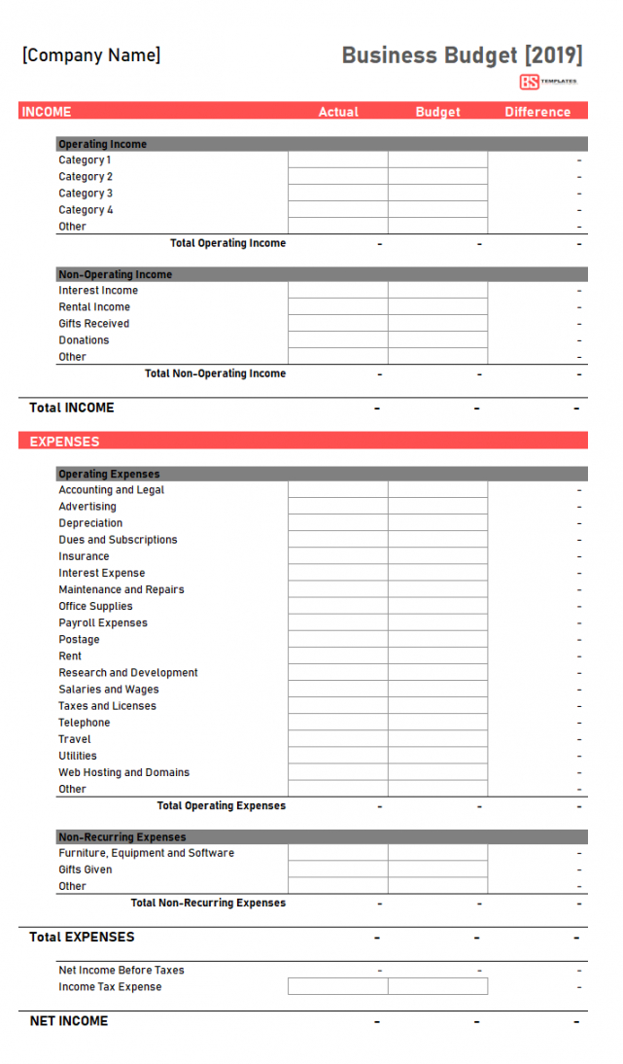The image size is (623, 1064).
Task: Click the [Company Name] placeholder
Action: pyautogui.click(x=91, y=55)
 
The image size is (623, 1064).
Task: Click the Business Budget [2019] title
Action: pyautogui.click(x=462, y=54)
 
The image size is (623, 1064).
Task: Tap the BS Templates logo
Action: pyautogui.click(x=548, y=82)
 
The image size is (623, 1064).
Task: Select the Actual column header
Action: pyautogui.click(x=338, y=112)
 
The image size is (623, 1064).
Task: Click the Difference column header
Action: pyautogui.click(x=537, y=112)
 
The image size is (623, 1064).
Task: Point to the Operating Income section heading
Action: pyautogui.click(x=102, y=144)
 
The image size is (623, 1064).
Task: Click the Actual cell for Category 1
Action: pyautogui.click(x=338, y=160)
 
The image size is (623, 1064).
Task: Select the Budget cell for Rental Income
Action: pyautogui.click(x=438, y=307)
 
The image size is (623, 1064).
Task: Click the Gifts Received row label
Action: pyautogui.click(x=93, y=324)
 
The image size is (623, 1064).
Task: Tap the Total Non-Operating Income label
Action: pyautogui.click(x=215, y=373)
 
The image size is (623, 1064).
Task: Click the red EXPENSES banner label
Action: pyautogui.click(x=64, y=442)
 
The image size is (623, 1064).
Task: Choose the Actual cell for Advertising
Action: pyautogui.click(x=338, y=507)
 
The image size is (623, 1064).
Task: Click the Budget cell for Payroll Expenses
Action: pyautogui.click(x=438, y=622)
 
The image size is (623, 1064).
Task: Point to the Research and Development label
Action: pyautogui.click(x=127, y=673)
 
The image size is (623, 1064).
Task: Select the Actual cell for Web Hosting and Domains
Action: pyautogui.click(x=338, y=772)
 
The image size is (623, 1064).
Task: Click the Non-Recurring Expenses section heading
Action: pyautogui.click(x=121, y=837)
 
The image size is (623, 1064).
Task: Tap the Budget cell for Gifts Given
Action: pyautogui.click(x=438, y=869)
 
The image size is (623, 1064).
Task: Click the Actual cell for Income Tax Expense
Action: pyautogui.click(x=338, y=987)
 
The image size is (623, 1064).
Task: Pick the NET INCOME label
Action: pyautogui.click(x=68, y=1021)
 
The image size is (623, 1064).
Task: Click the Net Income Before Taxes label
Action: pyautogui.click(x=121, y=971)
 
